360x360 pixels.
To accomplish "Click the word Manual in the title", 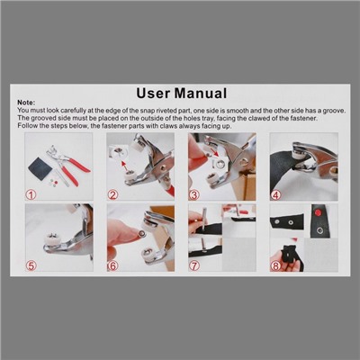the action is coord(201,93).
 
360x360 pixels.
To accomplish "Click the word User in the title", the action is coord(153,93).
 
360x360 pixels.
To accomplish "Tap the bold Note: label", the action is coord(26,103).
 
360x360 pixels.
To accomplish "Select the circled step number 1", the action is coord(31,195).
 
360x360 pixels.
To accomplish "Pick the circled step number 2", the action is coord(112,195).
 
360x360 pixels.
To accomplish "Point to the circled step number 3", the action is coord(193,195).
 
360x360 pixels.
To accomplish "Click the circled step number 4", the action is coord(275,195).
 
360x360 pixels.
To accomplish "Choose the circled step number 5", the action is coord(31,265).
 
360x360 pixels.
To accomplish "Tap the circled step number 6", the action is coord(112,265).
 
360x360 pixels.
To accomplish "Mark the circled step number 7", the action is coord(194,265).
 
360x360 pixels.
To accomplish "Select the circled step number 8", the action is coord(275,265).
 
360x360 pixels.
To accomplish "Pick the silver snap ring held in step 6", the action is coord(141,233).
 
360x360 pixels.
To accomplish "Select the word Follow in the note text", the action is coord(26,126).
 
